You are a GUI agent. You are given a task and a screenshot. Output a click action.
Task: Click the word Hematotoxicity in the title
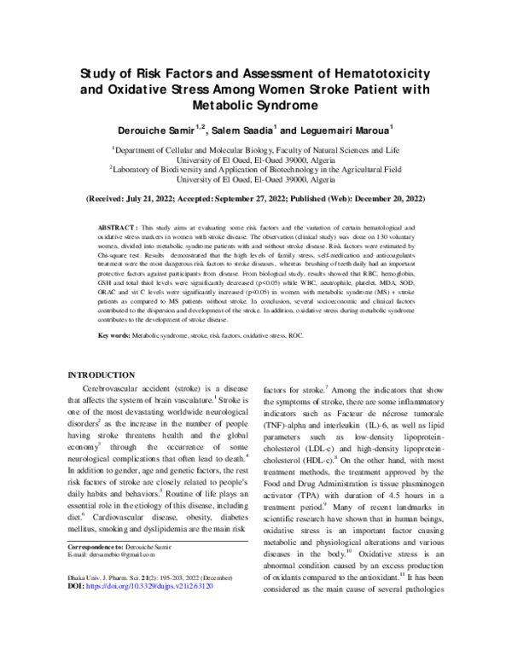[377, 73]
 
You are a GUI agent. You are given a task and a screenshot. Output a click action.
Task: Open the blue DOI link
[160, 612]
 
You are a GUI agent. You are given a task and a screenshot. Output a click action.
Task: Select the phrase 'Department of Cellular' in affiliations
[160, 148]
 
